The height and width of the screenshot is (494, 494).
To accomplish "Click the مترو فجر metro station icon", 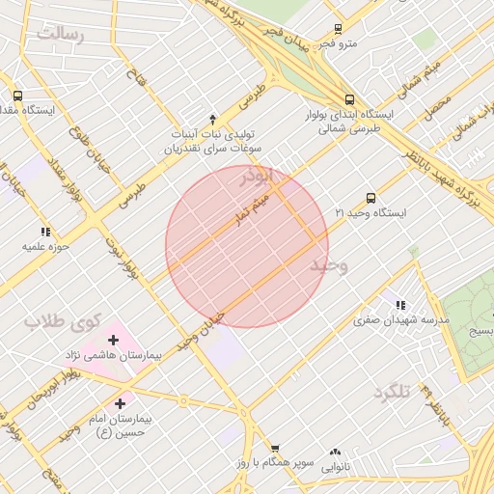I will (x=337, y=29).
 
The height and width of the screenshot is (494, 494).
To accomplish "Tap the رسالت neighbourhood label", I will (x=61, y=35).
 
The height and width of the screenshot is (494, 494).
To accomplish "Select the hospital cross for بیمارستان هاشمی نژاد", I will (x=114, y=340).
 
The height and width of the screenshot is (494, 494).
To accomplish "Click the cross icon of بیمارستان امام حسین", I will (x=120, y=403).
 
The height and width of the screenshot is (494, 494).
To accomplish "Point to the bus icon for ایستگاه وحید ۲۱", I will (x=371, y=197).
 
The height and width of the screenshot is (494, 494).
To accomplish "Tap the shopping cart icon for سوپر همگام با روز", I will (x=275, y=449).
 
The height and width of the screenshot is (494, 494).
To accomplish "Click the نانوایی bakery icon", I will (x=335, y=451).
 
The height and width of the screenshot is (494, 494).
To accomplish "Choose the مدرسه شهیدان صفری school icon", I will (x=399, y=306).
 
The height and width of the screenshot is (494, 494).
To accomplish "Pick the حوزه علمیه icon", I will (x=44, y=232).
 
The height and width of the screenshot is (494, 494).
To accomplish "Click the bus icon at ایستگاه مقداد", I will (x=17, y=96).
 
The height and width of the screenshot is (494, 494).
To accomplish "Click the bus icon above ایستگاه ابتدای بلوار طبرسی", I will (x=350, y=98).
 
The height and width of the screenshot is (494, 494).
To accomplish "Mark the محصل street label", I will (x=435, y=104).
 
